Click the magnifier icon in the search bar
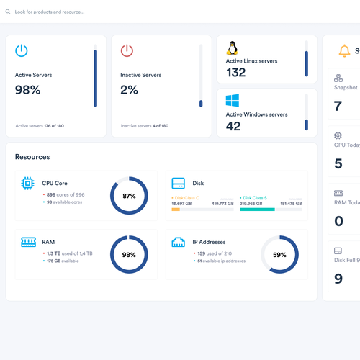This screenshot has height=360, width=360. [x=8, y=12]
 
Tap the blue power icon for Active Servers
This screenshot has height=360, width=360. [x=22, y=50]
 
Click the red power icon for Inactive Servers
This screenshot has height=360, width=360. [x=127, y=50]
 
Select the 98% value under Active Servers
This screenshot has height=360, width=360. [x=27, y=90]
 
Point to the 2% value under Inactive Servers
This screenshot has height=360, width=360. [x=129, y=90]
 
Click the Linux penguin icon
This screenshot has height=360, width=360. [x=232, y=48]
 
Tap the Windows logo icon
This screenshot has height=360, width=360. [x=233, y=101]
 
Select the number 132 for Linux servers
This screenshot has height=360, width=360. [x=235, y=72]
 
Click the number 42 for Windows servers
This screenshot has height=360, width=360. [x=233, y=126]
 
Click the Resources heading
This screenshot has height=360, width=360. [x=32, y=156]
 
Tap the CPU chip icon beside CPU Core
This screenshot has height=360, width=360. [x=27, y=184]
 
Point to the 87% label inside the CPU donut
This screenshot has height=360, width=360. [x=129, y=196]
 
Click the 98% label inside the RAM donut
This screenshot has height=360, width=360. [x=129, y=255]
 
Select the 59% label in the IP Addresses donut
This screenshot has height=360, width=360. [x=279, y=255]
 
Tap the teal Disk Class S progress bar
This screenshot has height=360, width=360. [x=256, y=210]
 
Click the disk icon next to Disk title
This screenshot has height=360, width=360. [x=179, y=184]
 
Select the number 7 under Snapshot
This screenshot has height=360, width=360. [x=338, y=106]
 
